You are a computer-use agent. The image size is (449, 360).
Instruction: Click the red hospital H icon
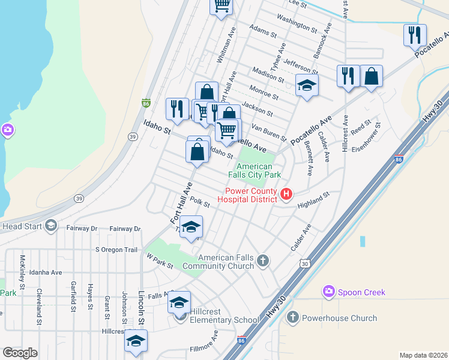pos(286,193)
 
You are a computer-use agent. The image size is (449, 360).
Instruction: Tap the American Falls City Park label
pos(259,170)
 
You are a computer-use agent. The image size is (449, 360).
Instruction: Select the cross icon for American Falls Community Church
pos(262,260)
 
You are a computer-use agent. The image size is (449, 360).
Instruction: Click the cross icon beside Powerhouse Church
pos(292,317)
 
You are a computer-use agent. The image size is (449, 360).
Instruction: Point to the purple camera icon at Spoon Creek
pos(328,292)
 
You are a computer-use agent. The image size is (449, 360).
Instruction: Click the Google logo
pos(20,353)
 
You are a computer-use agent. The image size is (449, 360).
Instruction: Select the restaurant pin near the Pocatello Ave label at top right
pos(415,35)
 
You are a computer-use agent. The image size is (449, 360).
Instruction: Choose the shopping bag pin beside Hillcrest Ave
pos(372,76)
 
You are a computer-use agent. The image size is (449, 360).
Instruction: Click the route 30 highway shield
pos(306,263)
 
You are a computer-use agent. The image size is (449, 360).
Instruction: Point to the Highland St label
pos(314,200)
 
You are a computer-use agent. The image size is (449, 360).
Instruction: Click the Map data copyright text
pos(423,355)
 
